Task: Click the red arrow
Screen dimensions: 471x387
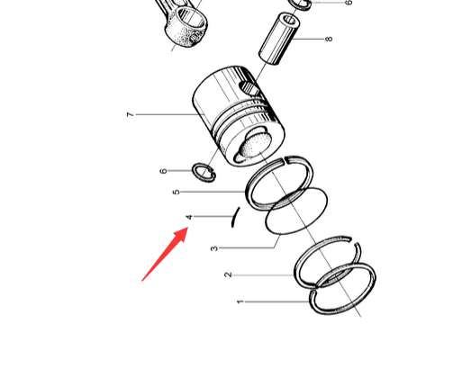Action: [x=165, y=255]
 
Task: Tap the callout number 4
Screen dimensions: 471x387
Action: [x=189, y=217]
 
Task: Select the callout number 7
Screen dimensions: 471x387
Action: [x=130, y=114]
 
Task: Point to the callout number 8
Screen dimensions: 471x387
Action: [x=330, y=39]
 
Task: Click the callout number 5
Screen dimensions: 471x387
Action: [x=177, y=192]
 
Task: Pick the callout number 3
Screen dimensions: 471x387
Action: [x=213, y=248]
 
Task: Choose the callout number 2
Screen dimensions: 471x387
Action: [x=229, y=274]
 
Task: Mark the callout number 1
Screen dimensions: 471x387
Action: [x=240, y=301]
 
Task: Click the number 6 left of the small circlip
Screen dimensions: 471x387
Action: [x=163, y=171]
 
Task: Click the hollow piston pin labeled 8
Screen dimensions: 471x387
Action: [x=279, y=39]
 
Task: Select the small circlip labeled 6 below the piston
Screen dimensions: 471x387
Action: [x=204, y=173]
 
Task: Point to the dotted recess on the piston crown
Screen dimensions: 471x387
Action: [x=256, y=145]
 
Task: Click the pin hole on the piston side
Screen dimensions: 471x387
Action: [x=249, y=88]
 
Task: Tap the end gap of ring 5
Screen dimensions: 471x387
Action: [x=285, y=161]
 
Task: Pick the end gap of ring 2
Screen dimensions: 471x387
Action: [x=353, y=241]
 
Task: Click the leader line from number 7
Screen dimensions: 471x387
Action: [x=166, y=114]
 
